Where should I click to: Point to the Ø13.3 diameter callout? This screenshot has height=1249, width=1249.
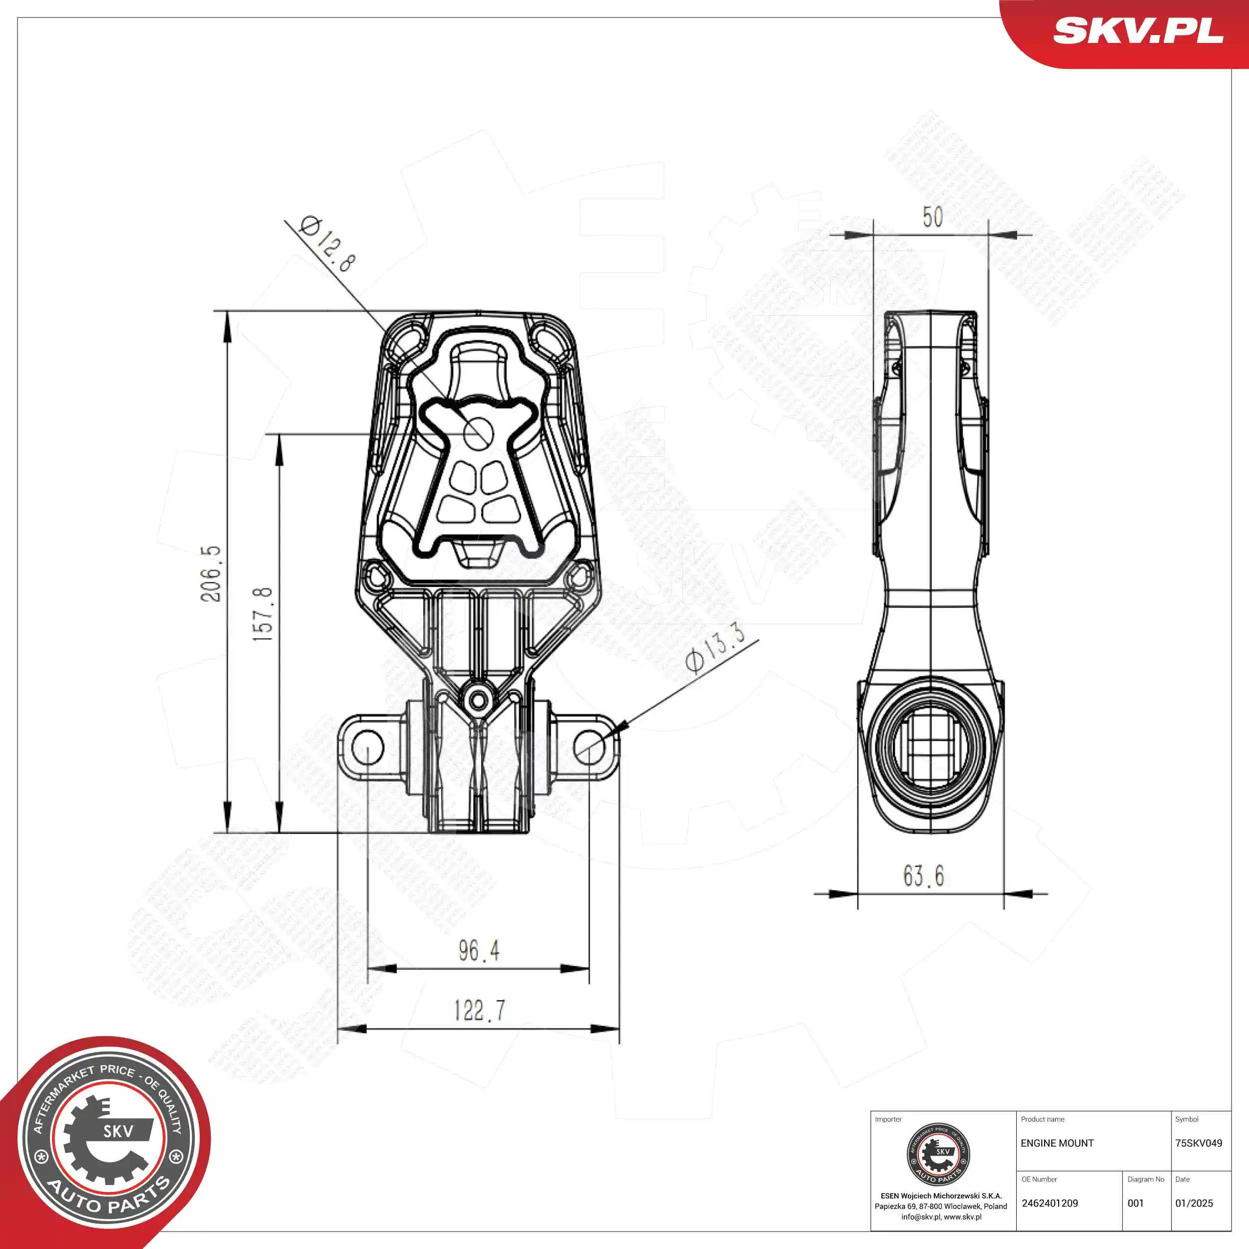coord(714,648)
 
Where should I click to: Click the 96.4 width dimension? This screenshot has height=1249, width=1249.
coord(479,951)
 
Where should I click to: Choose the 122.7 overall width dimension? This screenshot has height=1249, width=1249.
coord(479,1011)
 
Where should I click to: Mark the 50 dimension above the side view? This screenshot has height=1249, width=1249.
coord(932,217)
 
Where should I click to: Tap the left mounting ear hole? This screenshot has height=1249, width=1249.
coord(367,747)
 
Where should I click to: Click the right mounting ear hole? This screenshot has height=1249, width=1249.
coord(590,747)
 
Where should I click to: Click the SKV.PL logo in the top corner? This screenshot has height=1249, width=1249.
coord(1138,30)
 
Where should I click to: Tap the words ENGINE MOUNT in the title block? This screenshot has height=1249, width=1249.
coord(1057,1144)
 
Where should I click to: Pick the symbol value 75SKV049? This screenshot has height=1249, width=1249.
coord(1199,1144)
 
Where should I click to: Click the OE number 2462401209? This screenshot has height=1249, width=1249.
coord(1050,1204)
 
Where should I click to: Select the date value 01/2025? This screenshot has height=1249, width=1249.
coord(1194,1204)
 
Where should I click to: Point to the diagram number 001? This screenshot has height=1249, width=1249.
coord(1135,1204)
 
